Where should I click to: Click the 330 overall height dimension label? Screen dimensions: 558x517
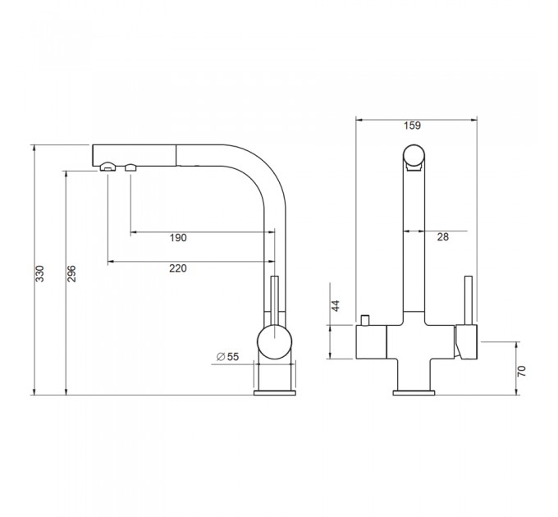(40, 273)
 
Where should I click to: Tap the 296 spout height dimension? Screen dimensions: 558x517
(71, 273)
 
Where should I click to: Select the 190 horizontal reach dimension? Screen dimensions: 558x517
(178, 238)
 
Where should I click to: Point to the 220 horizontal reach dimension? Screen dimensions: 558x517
(178, 268)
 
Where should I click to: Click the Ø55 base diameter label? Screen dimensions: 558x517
(228, 356)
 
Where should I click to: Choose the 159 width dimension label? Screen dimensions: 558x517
(413, 126)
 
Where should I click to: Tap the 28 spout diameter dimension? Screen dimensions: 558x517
(442, 237)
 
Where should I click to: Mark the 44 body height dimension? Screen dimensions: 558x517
(336, 305)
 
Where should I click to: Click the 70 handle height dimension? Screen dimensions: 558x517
(521, 371)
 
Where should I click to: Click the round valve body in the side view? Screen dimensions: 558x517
(274, 342)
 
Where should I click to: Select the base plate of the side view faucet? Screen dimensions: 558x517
(274, 393)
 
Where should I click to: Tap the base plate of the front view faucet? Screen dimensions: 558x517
(414, 393)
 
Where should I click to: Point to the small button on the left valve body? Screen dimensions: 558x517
(365, 320)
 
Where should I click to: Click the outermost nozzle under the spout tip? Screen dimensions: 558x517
(107, 167)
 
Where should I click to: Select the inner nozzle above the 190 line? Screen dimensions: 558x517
(130, 167)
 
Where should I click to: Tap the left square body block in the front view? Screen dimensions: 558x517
(371, 342)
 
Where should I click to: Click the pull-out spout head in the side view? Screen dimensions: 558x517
(134, 155)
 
